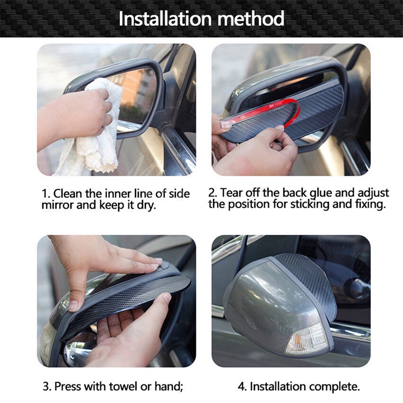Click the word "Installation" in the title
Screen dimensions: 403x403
[x=165, y=19]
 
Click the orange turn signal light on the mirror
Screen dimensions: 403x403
[x=307, y=339]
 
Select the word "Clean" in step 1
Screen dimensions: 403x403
[x=68, y=193]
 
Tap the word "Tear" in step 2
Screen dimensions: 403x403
[x=231, y=193]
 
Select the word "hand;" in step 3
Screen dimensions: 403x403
[x=169, y=386]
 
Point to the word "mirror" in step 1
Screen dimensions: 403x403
[x=57, y=205]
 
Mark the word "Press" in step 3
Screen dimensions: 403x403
[x=68, y=386]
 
